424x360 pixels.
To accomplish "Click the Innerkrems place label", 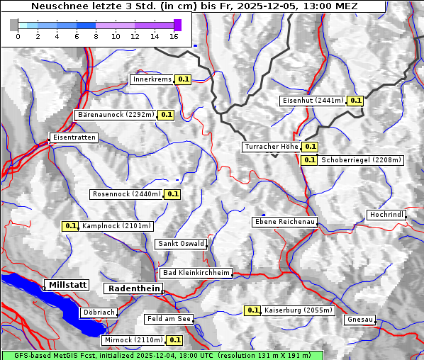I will click(152, 80).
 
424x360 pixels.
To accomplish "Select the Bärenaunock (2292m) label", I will click(115, 114).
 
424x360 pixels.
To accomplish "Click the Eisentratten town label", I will click(73, 137).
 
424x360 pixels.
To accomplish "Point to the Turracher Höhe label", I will click(270, 147).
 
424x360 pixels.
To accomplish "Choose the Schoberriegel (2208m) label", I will click(361, 160).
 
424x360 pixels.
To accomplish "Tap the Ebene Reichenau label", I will click(284, 222).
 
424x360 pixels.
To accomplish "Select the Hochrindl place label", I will click(386, 215).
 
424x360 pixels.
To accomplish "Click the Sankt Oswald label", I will click(180, 244).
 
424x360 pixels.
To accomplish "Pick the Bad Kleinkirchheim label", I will click(196, 273).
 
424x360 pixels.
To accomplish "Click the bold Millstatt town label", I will click(67, 285).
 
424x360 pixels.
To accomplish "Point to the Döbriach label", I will click(99, 312).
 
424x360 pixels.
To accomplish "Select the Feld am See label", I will click(169, 319).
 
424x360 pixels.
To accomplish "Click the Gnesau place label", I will click(359, 320).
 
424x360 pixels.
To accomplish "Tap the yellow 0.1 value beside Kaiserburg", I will click(252, 310).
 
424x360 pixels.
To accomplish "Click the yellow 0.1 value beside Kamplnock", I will click(70, 226).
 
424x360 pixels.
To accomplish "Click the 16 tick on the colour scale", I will click(174, 35).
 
